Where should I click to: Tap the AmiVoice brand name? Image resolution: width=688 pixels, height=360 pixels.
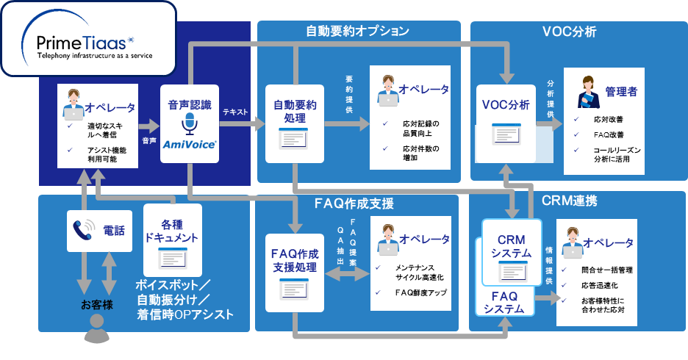coord(190,145)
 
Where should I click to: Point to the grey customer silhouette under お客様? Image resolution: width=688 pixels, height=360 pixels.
coord(96,333)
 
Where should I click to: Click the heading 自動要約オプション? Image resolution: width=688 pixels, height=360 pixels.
coord(357,31)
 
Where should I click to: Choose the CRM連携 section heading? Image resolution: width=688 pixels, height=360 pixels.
coord(569,200)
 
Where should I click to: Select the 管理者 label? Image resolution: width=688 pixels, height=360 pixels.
coord(621,92)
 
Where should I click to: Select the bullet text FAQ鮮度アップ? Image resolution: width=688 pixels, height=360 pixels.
coord(417,293)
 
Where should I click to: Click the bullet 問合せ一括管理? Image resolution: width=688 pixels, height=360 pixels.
coord(606,270)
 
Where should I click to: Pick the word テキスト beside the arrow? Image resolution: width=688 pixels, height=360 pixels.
coord(235,112)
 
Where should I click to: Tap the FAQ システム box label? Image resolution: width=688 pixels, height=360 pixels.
coord(504,302)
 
